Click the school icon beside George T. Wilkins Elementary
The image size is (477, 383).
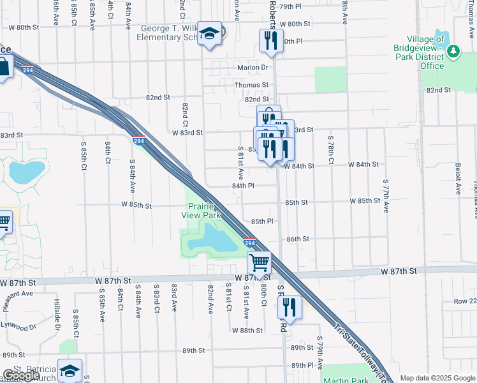(209, 34)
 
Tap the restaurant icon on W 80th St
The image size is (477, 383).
(270, 41)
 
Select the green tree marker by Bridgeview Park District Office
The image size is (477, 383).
(454, 51)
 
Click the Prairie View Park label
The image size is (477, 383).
(204, 211)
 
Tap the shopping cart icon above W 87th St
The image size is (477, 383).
(259, 262)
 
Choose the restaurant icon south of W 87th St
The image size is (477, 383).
(289, 308)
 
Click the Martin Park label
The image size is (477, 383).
(346, 380)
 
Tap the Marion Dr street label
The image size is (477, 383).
(254, 67)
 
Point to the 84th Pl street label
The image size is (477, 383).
(243, 186)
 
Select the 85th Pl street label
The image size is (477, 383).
(262, 221)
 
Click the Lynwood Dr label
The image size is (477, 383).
(19, 327)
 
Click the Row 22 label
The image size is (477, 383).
(464, 301)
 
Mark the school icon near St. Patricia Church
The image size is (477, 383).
(70, 371)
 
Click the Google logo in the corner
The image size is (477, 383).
(21, 376)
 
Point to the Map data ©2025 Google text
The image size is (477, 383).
(438, 379)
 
